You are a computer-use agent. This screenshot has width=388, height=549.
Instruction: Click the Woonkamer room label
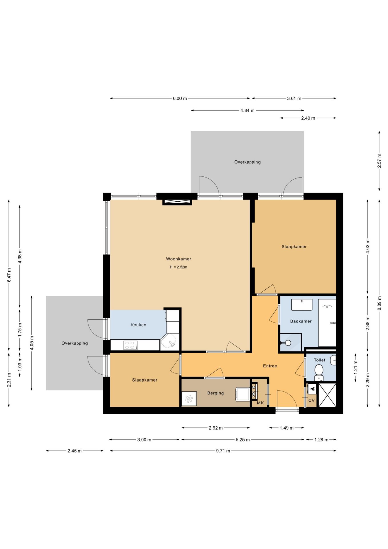pos(179,259)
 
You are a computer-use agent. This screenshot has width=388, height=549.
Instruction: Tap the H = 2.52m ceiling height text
pos(179,267)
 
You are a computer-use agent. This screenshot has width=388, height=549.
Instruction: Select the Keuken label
pos(138,325)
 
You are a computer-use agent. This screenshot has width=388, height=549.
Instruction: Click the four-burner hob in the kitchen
pos(130,345)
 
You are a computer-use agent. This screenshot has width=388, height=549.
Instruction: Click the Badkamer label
pos(301,321)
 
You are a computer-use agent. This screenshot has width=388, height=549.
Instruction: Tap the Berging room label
pos(215,393)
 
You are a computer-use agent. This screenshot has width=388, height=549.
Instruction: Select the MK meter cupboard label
pos(260,403)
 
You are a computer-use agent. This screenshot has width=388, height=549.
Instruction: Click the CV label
pos(311,400)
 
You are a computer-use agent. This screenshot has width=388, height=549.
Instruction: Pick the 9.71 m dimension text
pos(223,451)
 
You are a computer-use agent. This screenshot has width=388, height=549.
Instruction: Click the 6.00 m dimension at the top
pos(180,98)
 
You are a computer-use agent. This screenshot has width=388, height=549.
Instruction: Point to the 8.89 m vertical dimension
pos(379,303)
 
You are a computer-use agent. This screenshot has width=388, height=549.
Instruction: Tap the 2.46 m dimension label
pos(75,451)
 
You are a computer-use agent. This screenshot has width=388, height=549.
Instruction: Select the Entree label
pos(270,366)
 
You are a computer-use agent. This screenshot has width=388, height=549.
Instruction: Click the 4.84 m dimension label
pos(247,110)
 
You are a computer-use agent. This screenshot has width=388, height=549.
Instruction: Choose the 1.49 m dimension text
pos(287,428)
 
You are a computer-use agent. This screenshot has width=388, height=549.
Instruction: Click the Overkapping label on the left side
pos(75,343)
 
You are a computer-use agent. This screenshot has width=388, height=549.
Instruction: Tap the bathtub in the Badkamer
pos(327,323)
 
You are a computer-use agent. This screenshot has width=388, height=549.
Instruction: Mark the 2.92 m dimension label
pos(216,428)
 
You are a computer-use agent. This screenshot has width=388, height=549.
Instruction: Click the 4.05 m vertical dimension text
pos(32,343)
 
